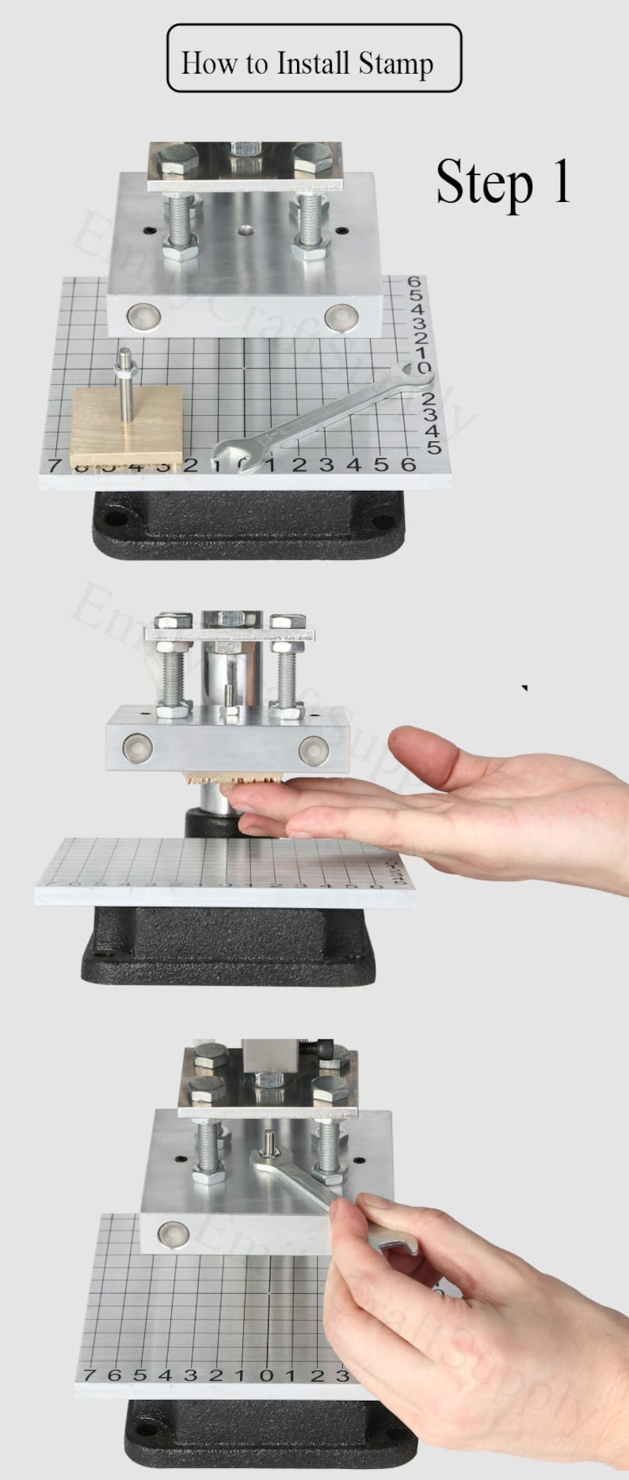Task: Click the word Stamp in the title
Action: point(395,63)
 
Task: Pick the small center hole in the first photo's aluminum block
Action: point(246,230)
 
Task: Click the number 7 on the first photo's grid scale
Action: point(55,465)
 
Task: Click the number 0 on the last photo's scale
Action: point(266,1375)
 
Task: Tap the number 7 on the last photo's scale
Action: point(89,1375)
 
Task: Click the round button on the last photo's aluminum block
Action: point(169,1232)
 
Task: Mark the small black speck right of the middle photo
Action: point(524,688)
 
